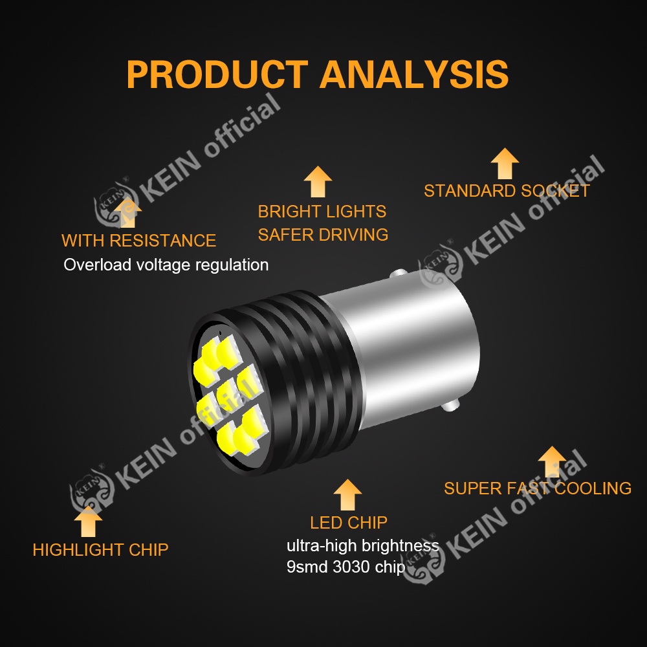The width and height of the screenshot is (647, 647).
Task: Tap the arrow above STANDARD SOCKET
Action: click(x=505, y=164)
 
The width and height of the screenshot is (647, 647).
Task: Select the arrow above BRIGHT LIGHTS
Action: click(x=318, y=181)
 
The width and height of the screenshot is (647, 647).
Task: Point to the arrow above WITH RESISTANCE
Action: click(x=127, y=213)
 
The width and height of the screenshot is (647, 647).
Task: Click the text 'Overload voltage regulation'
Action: click(x=166, y=265)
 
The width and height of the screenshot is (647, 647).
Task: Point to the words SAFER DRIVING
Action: click(x=323, y=234)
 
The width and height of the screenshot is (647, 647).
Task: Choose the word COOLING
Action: click(x=593, y=488)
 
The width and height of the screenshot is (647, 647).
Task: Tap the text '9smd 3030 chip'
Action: click(x=345, y=567)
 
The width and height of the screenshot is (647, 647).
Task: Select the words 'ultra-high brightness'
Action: click(x=362, y=545)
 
